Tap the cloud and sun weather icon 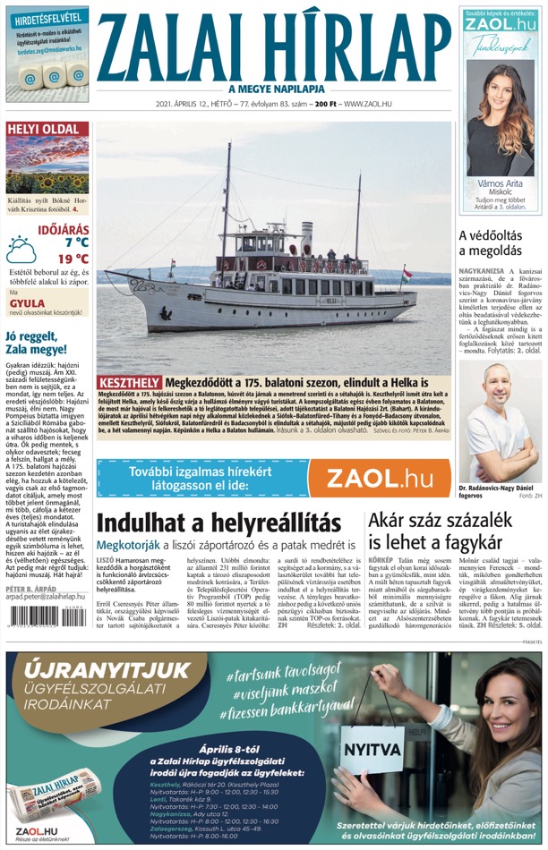(21, 250)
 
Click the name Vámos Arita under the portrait (500, 184)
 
